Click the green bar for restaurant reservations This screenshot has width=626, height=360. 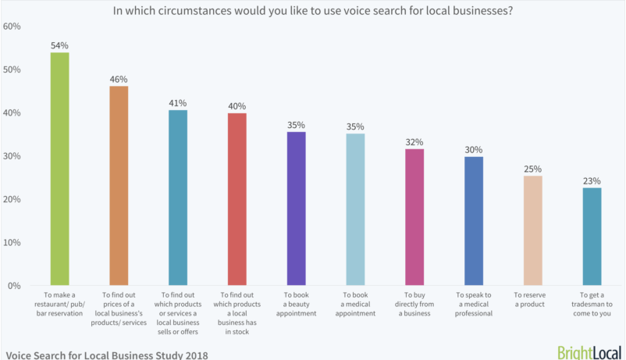(x=59, y=169)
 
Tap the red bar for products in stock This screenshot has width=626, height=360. (x=237, y=199)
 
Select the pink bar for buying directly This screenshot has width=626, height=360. (x=414, y=217)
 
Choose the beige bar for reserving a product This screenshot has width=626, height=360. (x=533, y=230)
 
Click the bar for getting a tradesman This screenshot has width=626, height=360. (x=592, y=236)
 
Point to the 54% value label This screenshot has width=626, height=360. (x=60, y=45)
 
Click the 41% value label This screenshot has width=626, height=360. (x=178, y=102)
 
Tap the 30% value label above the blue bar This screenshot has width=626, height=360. (x=474, y=149)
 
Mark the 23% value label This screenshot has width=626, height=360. (x=592, y=180)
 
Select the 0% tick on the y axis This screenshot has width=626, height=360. (x=14, y=286)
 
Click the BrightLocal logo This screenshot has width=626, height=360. (x=588, y=351)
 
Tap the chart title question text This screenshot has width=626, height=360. (x=312, y=11)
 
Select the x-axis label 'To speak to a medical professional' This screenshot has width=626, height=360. (x=474, y=305)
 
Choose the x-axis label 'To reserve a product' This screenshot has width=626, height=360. (x=533, y=300)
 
